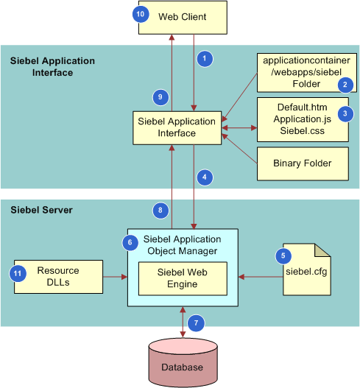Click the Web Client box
tap(183, 16)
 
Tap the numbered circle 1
tap(205, 58)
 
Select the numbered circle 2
tap(344, 85)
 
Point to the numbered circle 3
tap(344, 113)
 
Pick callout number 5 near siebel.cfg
tap(283, 256)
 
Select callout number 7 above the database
tap(194, 322)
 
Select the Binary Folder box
tap(302, 163)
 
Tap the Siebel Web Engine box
tap(181, 278)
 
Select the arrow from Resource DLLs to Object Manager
tap(112, 278)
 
